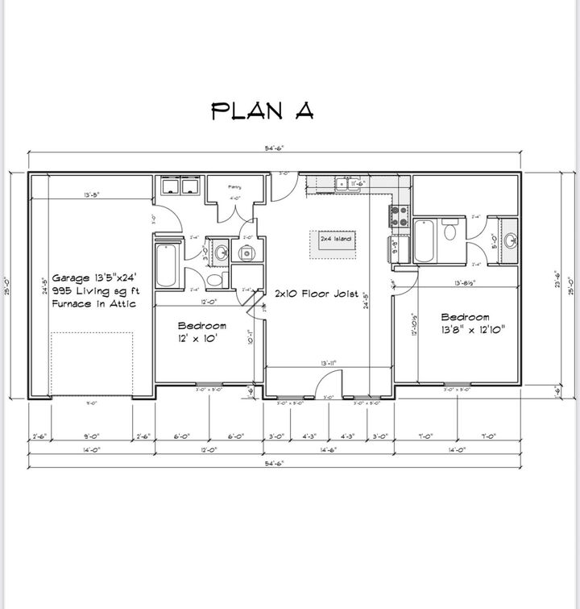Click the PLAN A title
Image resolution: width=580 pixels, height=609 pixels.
tap(262, 111)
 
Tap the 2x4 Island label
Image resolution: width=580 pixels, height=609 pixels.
tap(336, 240)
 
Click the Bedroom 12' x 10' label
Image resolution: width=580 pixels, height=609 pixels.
tap(201, 332)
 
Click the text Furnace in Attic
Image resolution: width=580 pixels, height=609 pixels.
tap(93, 303)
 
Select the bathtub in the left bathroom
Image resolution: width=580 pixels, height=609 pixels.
tap(165, 263)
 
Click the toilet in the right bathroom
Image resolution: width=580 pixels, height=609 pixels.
tap(450, 232)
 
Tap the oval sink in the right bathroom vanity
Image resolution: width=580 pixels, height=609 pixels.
tap(509, 240)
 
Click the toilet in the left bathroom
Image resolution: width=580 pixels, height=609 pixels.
tap(215, 279)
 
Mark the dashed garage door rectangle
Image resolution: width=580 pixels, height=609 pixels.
tap(91, 362)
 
